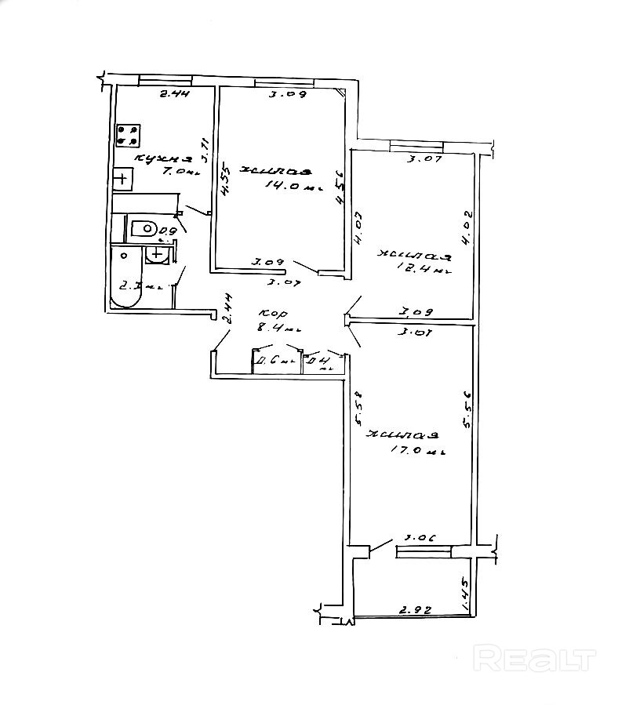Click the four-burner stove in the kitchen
pyautogui.click(x=127, y=135)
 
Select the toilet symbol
pyautogui.click(x=143, y=229)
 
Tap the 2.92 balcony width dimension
pyautogui.click(x=413, y=608)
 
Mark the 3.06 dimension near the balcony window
pyautogui.click(x=420, y=539)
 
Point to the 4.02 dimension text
pyautogui.click(x=467, y=228)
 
